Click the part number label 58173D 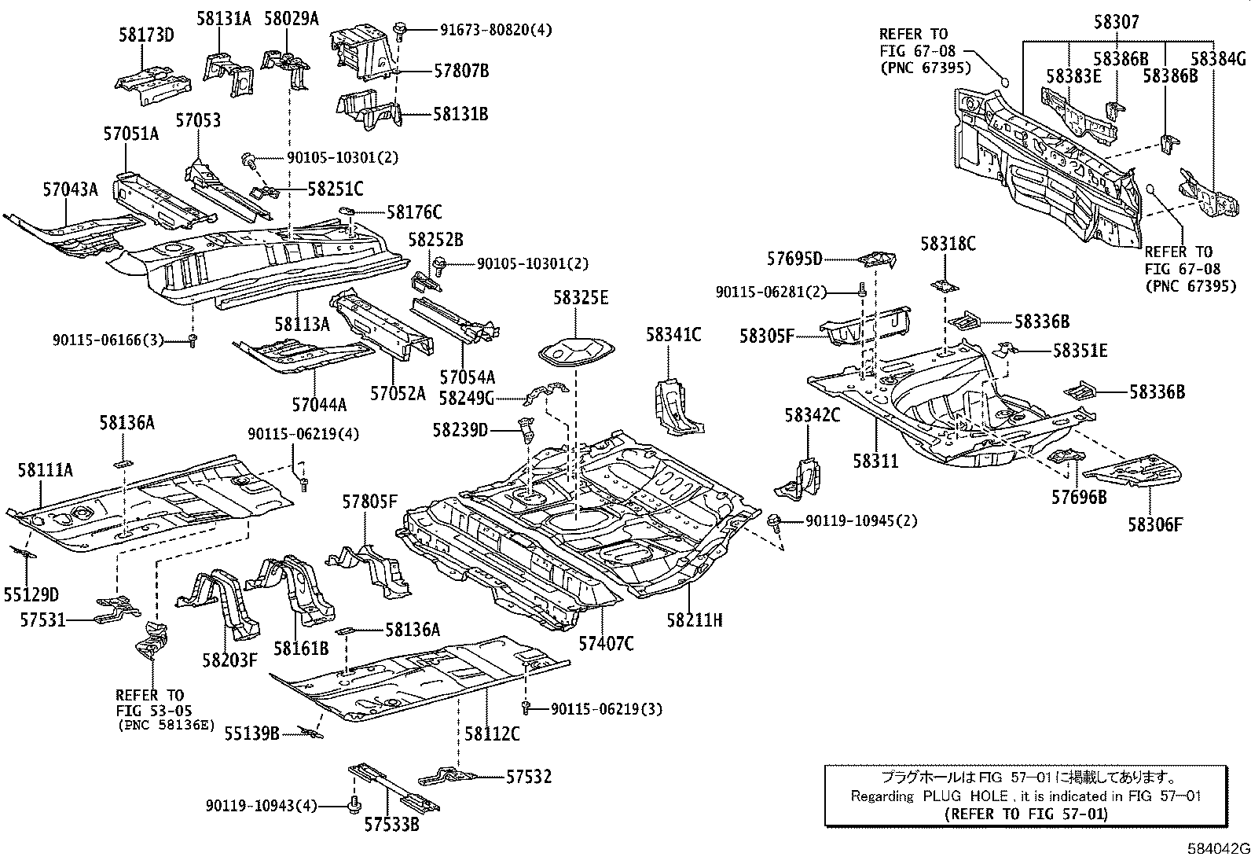pyautogui.click(x=146, y=35)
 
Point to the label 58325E pyautogui.click(x=581, y=298)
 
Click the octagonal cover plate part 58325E pyautogui.click(x=574, y=353)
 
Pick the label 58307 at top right pyautogui.click(x=1115, y=23)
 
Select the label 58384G pyautogui.click(x=1217, y=59)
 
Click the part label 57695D pyautogui.click(x=794, y=259)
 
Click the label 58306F pyautogui.click(x=1154, y=524)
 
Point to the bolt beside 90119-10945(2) pyautogui.click(x=775, y=520)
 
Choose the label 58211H pyautogui.click(x=694, y=620)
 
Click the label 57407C pyautogui.click(x=606, y=644)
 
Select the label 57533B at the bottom pyautogui.click(x=391, y=825)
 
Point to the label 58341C pyautogui.click(x=673, y=335)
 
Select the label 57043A pyautogui.click(x=71, y=189)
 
